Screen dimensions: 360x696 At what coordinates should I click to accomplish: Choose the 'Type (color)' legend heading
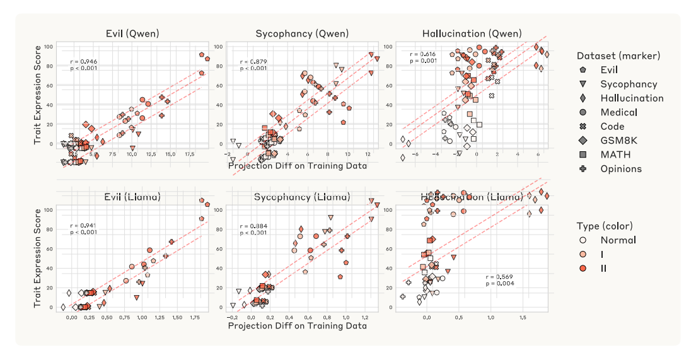605,226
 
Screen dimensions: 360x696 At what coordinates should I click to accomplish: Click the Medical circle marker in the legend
583,112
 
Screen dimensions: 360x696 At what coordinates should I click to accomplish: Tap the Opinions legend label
621,168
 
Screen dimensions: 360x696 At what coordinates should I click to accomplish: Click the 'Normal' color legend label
618,240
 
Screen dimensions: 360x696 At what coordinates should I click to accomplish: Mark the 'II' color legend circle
583,268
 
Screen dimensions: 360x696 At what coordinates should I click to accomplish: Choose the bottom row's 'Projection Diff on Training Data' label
297,326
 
